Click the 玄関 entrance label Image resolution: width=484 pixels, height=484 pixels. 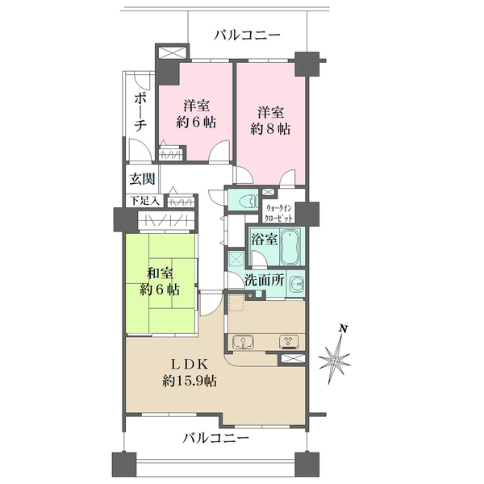[140, 179]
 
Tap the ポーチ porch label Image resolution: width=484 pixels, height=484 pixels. [140, 112]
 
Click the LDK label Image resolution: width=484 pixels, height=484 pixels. [191, 363]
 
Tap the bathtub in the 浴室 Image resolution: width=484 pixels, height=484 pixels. [290, 244]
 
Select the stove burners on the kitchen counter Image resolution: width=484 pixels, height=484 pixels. [286, 340]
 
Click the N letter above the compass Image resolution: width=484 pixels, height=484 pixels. [343, 329]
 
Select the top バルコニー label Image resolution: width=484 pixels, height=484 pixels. [247, 35]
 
